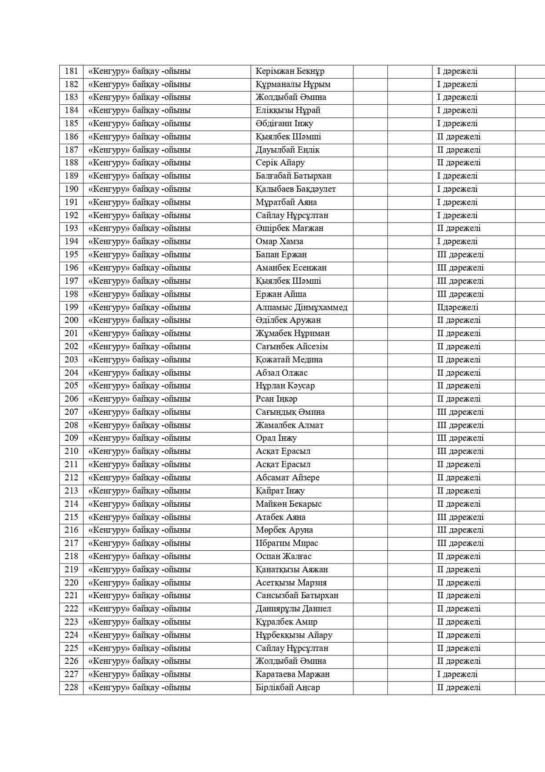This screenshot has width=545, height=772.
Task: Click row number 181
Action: (71, 71)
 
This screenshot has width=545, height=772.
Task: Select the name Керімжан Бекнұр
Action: (290, 71)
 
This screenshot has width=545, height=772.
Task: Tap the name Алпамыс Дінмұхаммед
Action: (302, 307)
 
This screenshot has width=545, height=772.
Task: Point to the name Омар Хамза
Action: (280, 241)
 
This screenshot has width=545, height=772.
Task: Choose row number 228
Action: (71, 688)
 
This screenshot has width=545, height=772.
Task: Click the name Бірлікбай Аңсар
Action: (288, 688)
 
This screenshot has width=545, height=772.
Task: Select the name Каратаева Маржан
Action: (293, 674)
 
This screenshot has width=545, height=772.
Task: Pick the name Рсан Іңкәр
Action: (276, 399)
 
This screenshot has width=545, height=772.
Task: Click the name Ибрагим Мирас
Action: (287, 543)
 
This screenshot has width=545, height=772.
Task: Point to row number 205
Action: (71, 386)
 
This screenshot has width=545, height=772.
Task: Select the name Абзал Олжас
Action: (282, 373)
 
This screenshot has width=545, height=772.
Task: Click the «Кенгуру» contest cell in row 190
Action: (140, 189)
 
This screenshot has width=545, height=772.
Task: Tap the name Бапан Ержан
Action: (281, 255)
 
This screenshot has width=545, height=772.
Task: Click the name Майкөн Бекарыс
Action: (289, 504)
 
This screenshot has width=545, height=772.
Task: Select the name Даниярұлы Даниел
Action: (294, 609)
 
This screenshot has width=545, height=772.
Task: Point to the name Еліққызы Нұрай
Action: (288, 110)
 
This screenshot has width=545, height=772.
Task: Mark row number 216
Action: (71, 530)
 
